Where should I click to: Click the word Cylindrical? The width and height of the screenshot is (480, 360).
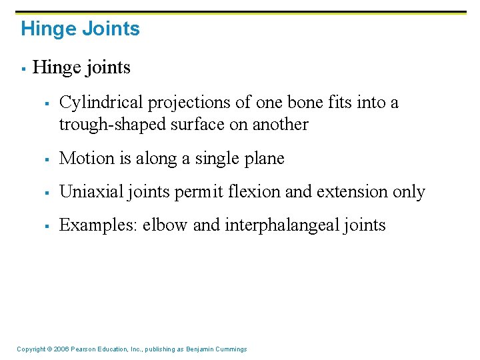click(101, 103)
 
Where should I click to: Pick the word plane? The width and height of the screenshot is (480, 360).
click(265, 159)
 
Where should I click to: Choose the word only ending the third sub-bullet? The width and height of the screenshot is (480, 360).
click(408, 192)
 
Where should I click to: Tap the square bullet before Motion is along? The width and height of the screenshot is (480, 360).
click(47, 159)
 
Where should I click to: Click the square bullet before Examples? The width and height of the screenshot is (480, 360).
click(47, 226)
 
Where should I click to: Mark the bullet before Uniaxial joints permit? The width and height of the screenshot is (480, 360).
click(47, 193)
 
